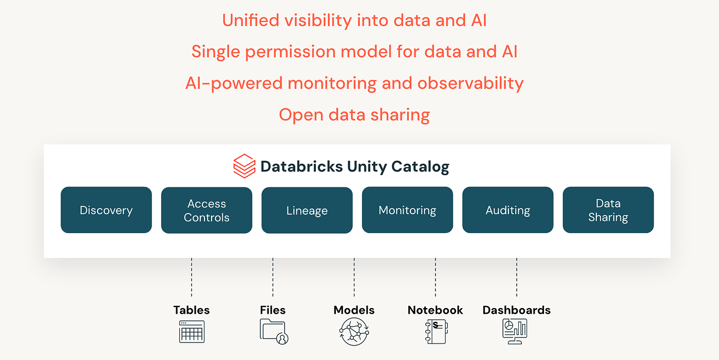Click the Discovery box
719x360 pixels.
[x=106, y=210]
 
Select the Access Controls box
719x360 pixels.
[x=206, y=210]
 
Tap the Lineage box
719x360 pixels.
[x=307, y=210]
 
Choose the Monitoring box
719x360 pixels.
[x=408, y=210]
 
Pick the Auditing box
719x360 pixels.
[x=508, y=210]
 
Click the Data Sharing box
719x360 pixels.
[x=608, y=210]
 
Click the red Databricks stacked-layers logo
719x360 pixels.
[x=244, y=166]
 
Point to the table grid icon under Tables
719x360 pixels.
[x=192, y=332]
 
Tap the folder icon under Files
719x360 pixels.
[x=274, y=331]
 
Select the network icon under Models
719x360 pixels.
[x=354, y=331]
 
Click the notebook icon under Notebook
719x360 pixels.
[x=436, y=331]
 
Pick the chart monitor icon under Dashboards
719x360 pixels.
[x=515, y=331]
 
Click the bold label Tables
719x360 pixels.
[x=192, y=310]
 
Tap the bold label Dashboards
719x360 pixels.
[x=517, y=310]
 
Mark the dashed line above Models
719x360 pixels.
[x=354, y=277]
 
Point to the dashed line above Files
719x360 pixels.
[x=273, y=277]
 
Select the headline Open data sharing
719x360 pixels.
[x=354, y=115]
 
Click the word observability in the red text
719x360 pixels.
[x=470, y=83]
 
